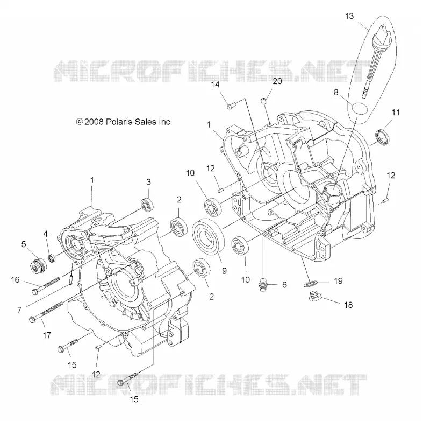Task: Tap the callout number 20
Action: [277, 81]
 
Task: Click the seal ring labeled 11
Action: [382, 136]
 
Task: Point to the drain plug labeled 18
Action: [316, 297]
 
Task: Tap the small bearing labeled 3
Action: [147, 205]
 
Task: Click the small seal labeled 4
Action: [51, 258]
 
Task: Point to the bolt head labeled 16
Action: [34, 292]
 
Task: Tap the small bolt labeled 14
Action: [232, 106]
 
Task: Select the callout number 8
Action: [336, 92]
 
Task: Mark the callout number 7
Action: [19, 310]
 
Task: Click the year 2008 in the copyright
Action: [94, 122]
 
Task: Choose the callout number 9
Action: [224, 271]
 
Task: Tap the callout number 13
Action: [349, 16]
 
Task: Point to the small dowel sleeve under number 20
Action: [263, 101]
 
